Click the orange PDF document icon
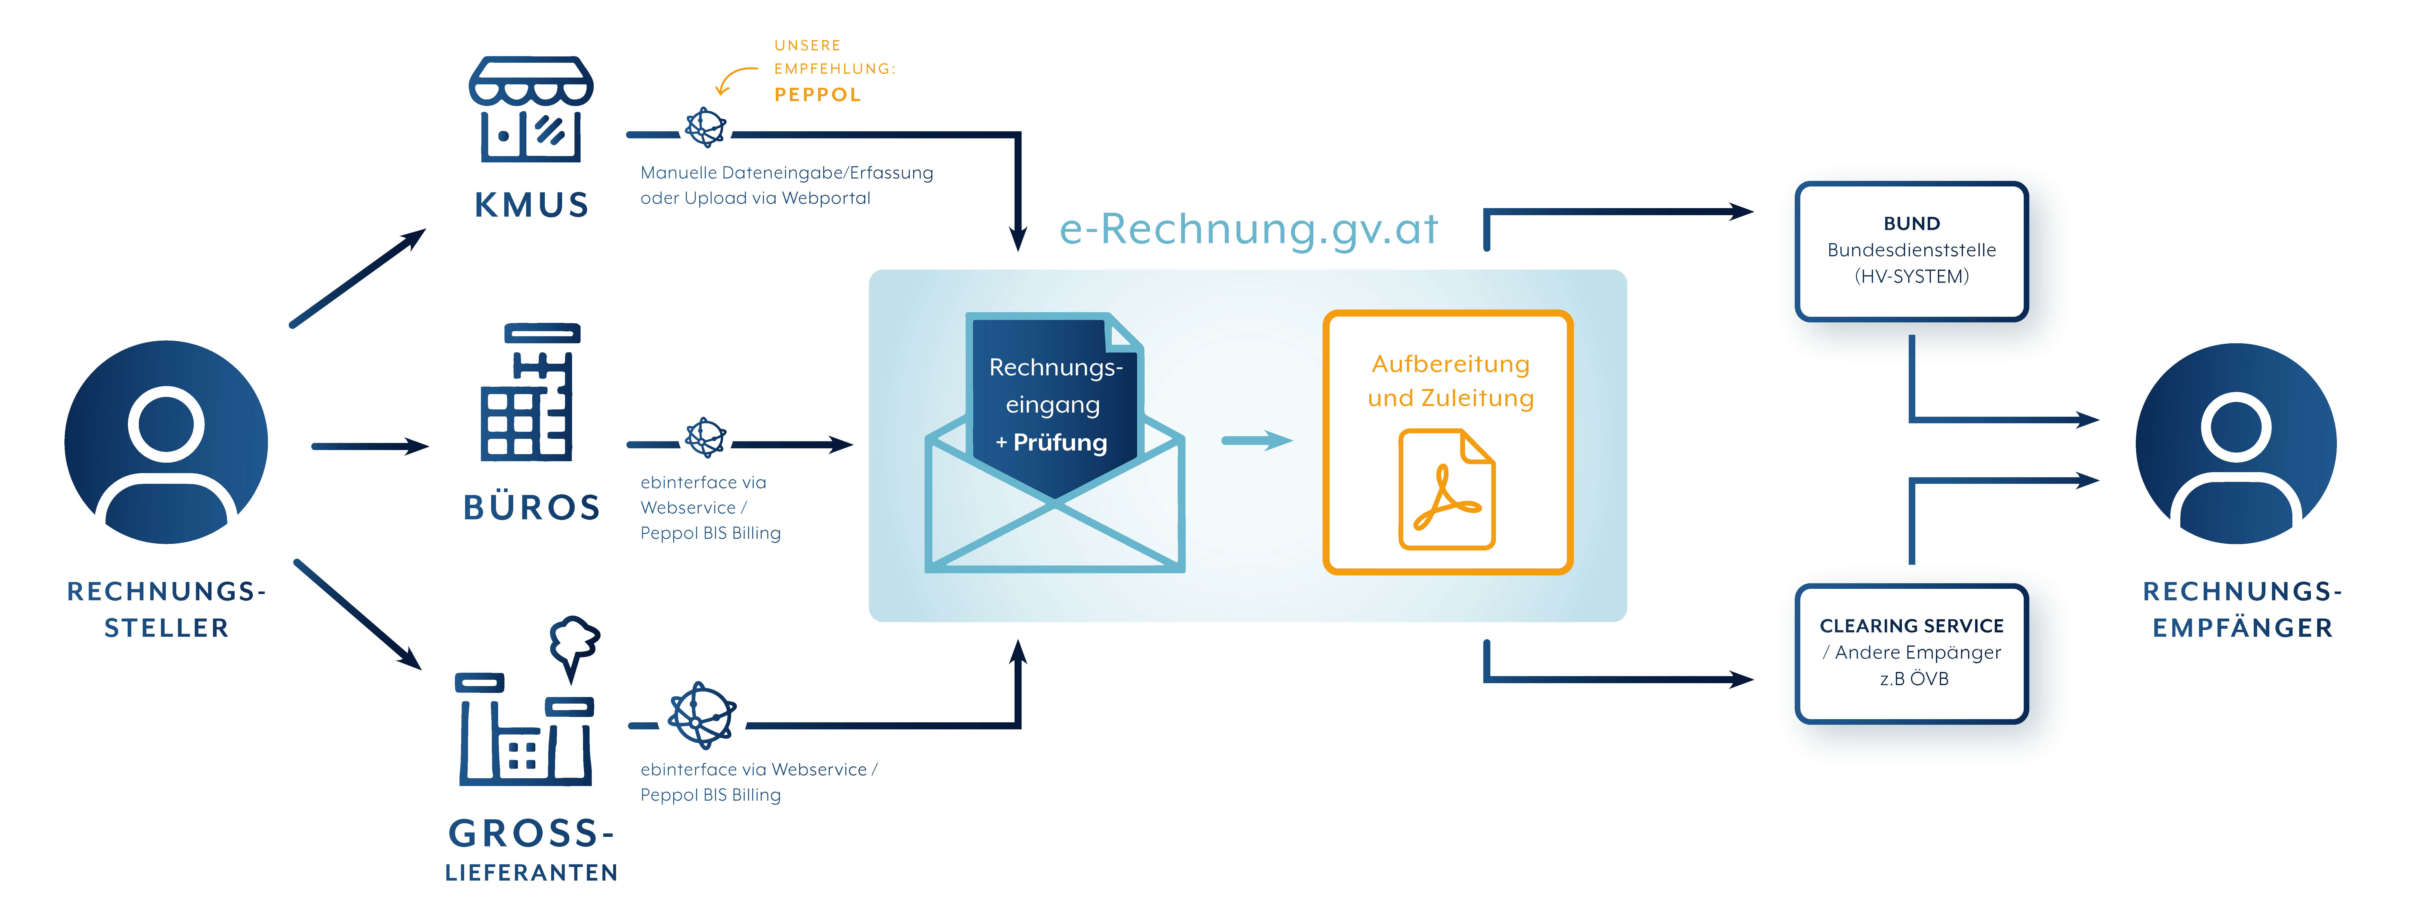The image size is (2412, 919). pyautogui.click(x=1447, y=489)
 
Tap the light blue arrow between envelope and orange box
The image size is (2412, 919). pyautogui.click(x=1256, y=440)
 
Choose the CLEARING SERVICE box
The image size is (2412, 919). pyautogui.click(x=1911, y=653)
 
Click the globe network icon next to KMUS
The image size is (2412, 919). pyautogui.click(x=705, y=127)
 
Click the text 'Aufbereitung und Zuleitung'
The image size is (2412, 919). pyautogui.click(x=1450, y=380)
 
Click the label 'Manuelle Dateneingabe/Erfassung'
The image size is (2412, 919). pyautogui.click(x=786, y=172)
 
